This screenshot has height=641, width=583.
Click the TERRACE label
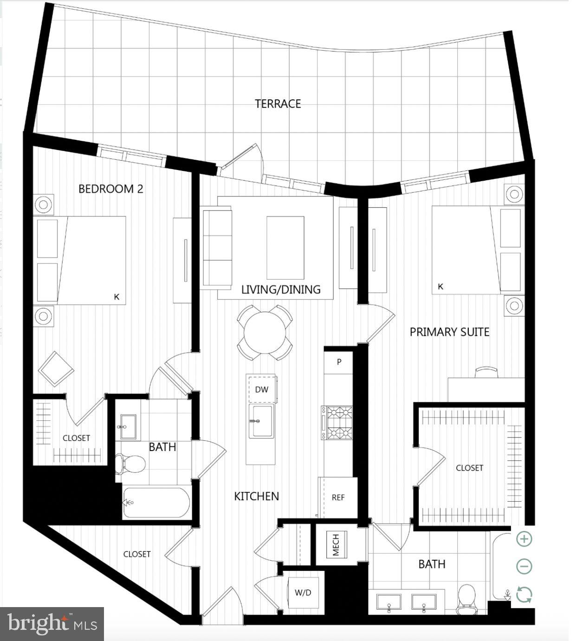point(278,104)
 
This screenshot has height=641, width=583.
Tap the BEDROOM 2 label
point(110,189)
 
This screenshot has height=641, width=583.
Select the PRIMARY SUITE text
point(449,332)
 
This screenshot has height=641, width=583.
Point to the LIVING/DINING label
point(281,289)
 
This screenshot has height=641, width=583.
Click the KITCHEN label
point(256,496)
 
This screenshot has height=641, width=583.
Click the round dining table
point(265,333)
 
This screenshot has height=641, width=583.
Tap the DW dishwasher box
point(262,390)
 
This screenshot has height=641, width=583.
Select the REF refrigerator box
point(338,497)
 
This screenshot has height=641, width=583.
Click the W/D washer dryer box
point(303,593)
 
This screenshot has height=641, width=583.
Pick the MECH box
point(336,545)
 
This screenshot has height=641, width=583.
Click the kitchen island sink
point(261,421)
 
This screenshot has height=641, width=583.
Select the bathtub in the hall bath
point(156,503)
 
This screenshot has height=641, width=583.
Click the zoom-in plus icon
point(524,539)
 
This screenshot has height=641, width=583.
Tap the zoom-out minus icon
point(524,566)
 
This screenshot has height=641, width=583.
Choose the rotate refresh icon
point(524,595)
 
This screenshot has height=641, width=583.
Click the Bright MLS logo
point(52,624)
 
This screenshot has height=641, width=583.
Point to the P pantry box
point(339,362)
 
